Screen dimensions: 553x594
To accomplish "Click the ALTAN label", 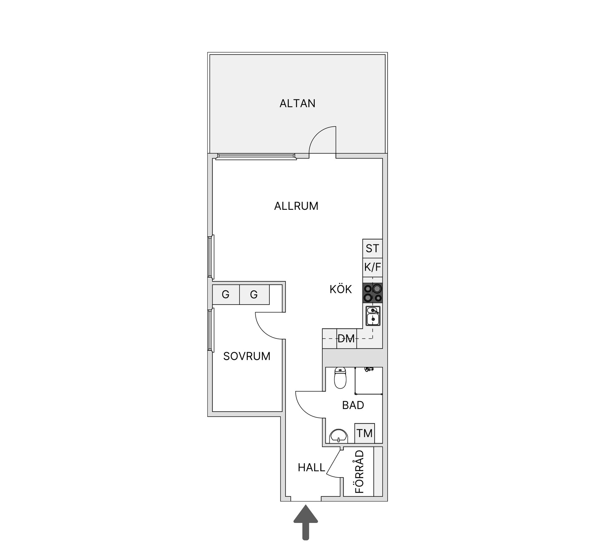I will click(297, 103).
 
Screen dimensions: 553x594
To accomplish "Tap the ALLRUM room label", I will click(296, 206).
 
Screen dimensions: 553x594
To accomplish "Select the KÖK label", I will click(341, 289).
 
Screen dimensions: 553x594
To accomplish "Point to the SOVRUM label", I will click(247, 356).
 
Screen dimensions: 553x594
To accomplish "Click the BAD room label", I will click(353, 405).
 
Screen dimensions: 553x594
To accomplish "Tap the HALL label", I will click(311, 468).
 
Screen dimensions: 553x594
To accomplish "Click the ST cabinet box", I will click(372, 248).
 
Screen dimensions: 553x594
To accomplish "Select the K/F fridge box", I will click(372, 267).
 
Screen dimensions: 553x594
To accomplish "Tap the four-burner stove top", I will click(372, 293).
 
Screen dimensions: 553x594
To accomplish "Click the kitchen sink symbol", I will click(373, 316).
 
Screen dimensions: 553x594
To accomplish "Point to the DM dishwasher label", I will click(346, 339).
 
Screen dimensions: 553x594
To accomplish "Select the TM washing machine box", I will click(364, 433).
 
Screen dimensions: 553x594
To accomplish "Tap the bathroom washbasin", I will click(339, 436).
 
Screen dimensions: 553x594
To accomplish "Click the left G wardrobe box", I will click(226, 294).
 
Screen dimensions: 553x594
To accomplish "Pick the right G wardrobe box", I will click(254, 294).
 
